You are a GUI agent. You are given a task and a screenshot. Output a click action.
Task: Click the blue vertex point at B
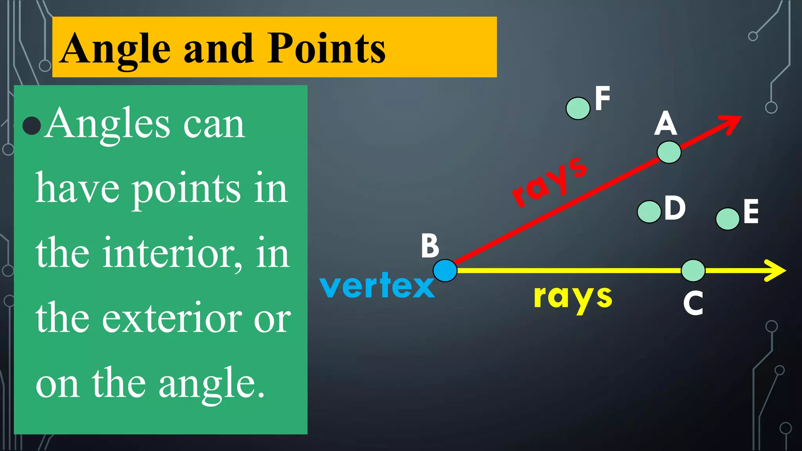tap(445, 271)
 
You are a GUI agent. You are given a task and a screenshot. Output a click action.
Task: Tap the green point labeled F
tap(578, 108)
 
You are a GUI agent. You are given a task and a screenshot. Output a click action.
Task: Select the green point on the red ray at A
tap(669, 152)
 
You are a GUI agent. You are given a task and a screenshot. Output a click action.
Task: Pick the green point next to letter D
tap(649, 212)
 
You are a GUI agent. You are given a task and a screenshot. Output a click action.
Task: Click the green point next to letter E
tap(728, 219)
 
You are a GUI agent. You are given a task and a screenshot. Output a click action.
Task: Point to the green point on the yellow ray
tap(693, 271)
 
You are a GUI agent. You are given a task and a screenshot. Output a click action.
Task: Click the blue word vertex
tap(377, 286)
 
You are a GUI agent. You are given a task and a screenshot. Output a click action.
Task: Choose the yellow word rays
tap(573, 298)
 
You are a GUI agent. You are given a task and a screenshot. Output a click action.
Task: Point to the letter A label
tap(665, 123)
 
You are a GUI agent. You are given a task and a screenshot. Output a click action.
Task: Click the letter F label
tap(602, 98)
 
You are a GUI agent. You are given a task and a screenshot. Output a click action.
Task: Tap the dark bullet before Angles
tap(32, 126)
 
